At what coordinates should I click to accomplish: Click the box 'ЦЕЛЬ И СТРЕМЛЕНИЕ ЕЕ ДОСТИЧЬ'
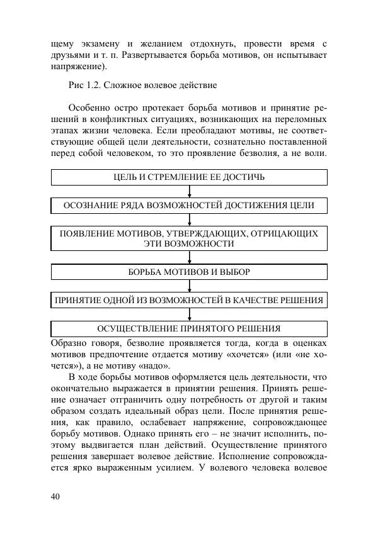(x=189, y=177)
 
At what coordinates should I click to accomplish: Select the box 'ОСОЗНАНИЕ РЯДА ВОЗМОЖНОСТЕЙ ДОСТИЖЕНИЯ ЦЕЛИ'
(x=189, y=206)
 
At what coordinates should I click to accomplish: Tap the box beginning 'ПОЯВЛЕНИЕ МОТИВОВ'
(x=189, y=238)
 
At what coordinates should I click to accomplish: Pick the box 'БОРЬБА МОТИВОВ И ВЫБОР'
(x=189, y=272)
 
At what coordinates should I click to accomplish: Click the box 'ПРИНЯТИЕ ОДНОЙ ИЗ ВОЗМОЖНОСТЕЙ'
(x=189, y=300)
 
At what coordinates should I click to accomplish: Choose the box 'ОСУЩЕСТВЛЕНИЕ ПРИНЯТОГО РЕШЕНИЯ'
(x=189, y=328)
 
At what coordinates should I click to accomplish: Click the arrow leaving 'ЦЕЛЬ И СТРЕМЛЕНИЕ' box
(x=189, y=191)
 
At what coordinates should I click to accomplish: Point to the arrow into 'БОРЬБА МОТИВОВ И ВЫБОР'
(x=189, y=257)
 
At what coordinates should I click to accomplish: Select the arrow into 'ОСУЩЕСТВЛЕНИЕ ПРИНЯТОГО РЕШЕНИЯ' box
(x=189, y=314)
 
